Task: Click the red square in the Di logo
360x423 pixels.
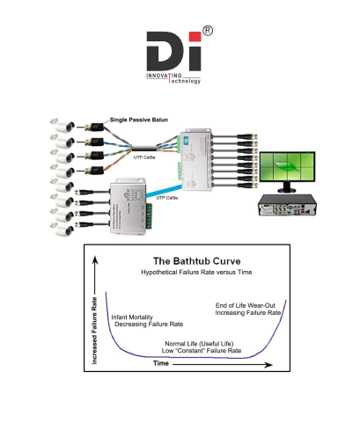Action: point(195,37)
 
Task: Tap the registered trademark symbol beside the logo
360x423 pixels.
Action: point(208,31)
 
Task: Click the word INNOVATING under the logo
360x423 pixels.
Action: point(164,76)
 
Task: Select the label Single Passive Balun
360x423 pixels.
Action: point(139,120)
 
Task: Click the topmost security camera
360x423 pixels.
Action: point(62,126)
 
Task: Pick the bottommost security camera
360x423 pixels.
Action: point(62,230)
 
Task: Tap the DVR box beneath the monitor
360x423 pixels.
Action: point(288,205)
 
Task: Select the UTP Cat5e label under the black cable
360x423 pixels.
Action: point(144,157)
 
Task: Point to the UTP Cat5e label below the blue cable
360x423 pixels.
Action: point(167,198)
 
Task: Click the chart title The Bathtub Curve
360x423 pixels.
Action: point(197,261)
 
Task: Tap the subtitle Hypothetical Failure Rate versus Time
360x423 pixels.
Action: point(196,273)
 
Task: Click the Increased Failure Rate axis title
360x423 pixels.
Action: point(94,331)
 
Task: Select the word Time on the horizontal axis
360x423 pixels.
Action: point(161,363)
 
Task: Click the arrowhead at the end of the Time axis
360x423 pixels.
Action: point(268,365)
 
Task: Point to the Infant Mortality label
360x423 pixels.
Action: point(132,317)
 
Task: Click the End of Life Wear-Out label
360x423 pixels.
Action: point(246,305)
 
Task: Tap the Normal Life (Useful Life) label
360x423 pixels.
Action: point(199,344)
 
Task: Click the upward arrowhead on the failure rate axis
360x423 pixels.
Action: point(95,260)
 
